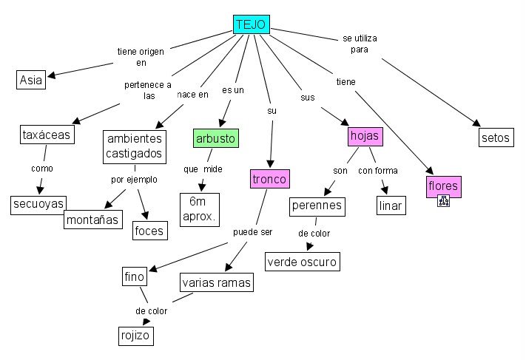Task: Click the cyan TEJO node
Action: point(251,24)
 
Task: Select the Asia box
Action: point(31,80)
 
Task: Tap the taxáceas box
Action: point(46,135)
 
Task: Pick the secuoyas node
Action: point(38,204)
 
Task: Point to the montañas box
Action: point(92,220)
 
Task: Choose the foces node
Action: point(149,230)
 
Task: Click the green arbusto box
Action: point(216,138)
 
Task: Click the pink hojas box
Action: point(364,137)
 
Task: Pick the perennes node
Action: point(317,205)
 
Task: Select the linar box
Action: point(391,205)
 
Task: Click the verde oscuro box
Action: point(302,261)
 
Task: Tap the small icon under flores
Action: point(443,200)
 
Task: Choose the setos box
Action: point(495,137)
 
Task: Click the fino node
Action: point(134,277)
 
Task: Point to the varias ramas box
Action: point(217,282)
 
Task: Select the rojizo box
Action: point(135,336)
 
